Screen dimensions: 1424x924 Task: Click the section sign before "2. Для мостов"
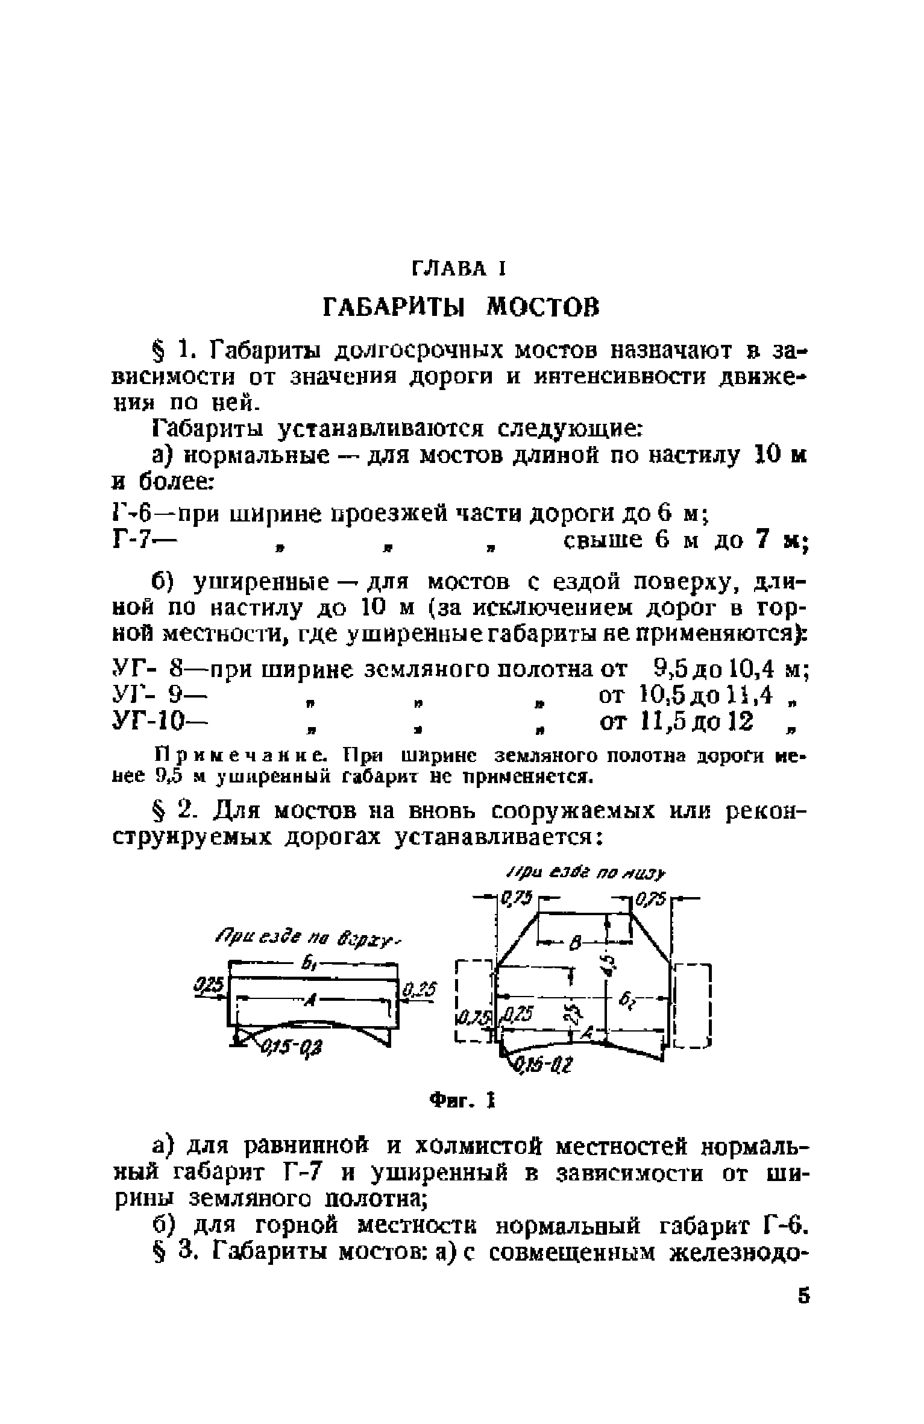click(158, 812)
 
